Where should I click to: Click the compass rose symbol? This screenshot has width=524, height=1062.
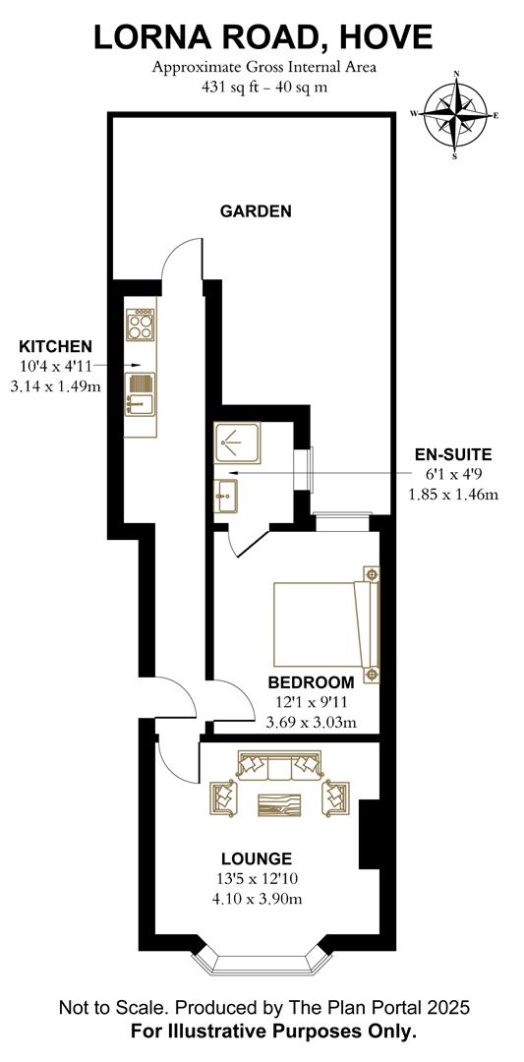pyautogui.click(x=455, y=114)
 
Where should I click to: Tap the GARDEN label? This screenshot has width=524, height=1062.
pyautogui.click(x=255, y=210)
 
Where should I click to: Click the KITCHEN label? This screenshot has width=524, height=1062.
pyautogui.click(x=56, y=346)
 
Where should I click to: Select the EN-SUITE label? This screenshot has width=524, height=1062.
pyautogui.click(x=453, y=454)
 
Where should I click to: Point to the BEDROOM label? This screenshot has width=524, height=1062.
pyautogui.click(x=311, y=682)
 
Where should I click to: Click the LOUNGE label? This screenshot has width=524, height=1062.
pyautogui.click(x=256, y=858)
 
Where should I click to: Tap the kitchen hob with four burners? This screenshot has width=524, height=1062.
pyautogui.click(x=141, y=324)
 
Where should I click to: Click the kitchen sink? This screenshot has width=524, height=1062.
pyautogui.click(x=140, y=391)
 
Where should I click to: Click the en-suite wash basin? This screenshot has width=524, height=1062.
pyautogui.click(x=225, y=498)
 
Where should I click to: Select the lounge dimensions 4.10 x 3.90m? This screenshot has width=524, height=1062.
pyautogui.click(x=256, y=899)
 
